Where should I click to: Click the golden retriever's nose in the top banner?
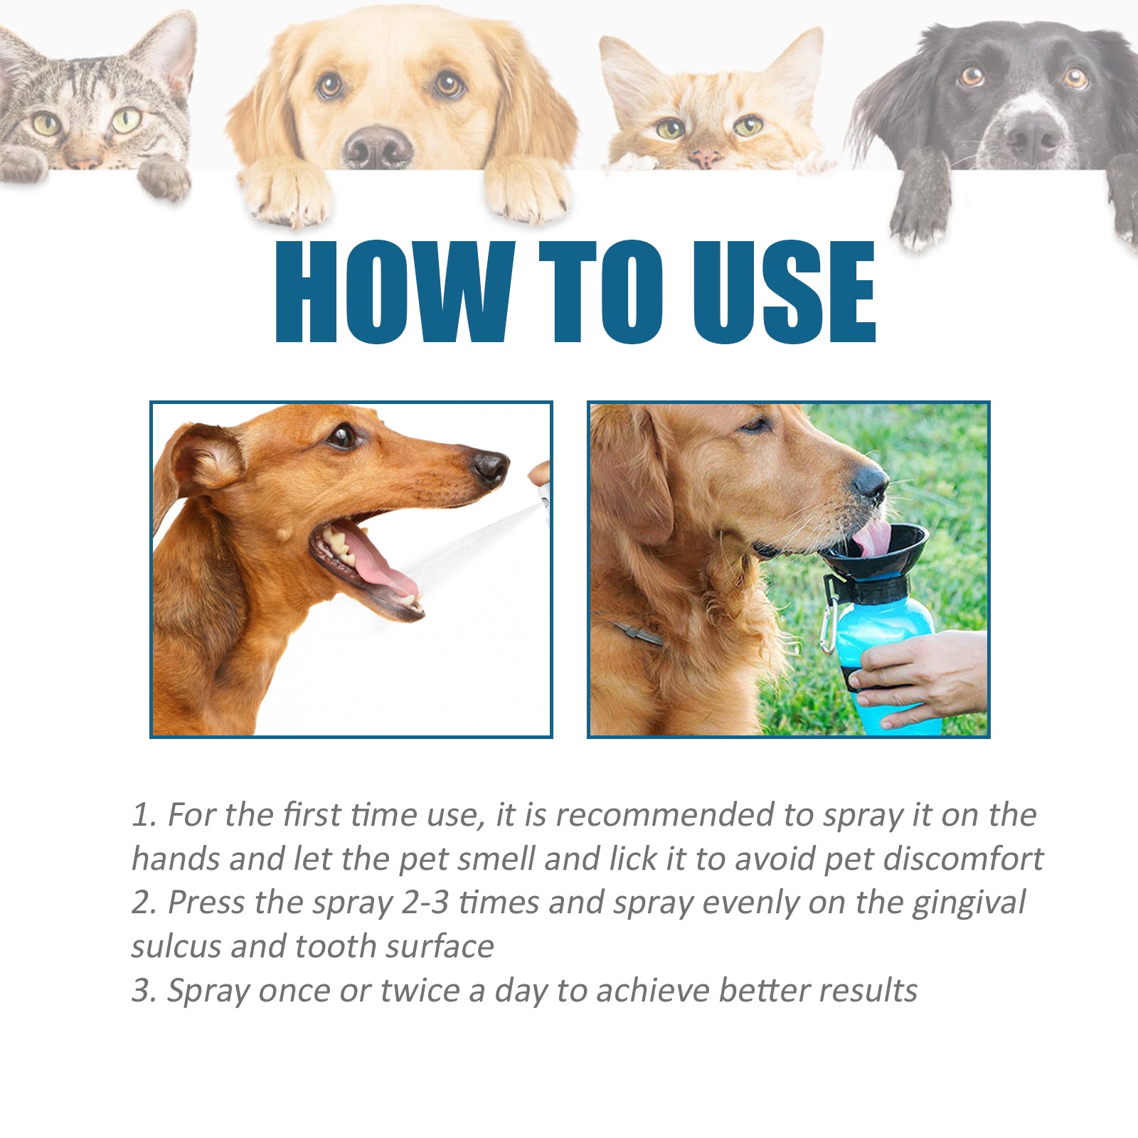(x=378, y=147)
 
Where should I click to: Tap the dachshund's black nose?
(x=490, y=467)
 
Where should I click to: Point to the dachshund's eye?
(x=343, y=435)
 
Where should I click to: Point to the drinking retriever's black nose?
(x=871, y=482)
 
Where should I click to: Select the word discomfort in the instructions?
(x=963, y=859)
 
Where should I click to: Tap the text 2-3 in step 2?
(x=425, y=903)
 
